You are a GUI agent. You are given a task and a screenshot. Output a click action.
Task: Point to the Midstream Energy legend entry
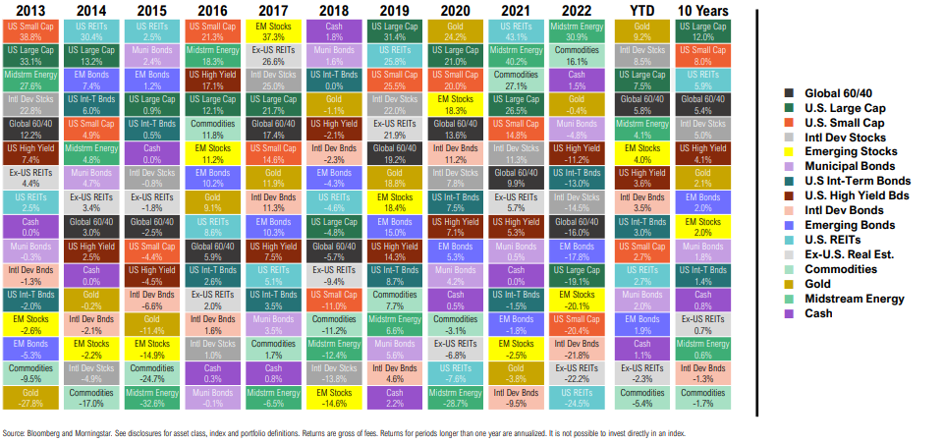[x=834, y=299]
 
